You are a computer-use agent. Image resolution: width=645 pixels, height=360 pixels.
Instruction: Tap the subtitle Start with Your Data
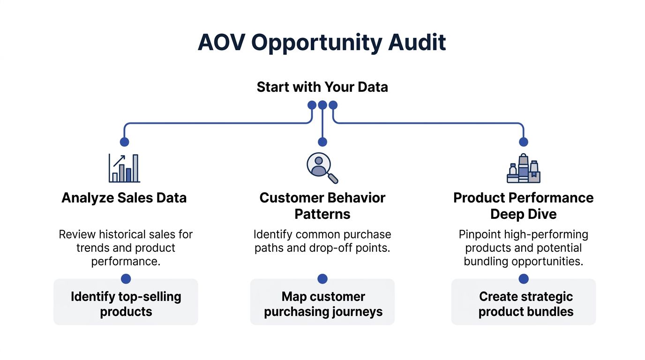click(322, 87)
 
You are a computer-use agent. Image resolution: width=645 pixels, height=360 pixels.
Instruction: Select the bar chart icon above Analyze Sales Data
click(124, 168)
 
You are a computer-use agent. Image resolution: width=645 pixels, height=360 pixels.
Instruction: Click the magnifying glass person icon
click(322, 168)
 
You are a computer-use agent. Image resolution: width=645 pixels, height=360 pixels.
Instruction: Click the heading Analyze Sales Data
click(124, 198)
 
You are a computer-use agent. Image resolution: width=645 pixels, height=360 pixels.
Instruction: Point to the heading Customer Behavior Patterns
click(322, 206)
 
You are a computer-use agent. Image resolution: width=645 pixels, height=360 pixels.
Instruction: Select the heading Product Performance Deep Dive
click(524, 206)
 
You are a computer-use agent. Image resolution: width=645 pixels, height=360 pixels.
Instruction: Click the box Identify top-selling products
click(126, 304)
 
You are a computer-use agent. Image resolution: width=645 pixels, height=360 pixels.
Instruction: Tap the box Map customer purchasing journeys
click(322, 304)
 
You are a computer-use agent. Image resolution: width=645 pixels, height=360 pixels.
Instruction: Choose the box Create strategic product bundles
click(524, 304)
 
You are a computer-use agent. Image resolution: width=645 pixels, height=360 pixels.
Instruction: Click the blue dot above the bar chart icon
click(124, 142)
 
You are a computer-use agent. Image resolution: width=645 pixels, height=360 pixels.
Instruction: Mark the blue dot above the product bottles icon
click(524, 142)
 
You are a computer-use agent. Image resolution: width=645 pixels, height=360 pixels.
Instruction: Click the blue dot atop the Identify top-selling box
click(126, 279)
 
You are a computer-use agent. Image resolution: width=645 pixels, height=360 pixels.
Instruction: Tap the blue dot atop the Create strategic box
click(524, 279)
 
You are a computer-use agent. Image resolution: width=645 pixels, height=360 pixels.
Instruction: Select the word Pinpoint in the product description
click(479, 234)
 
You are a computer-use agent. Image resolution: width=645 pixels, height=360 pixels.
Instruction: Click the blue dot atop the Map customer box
click(322, 279)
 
